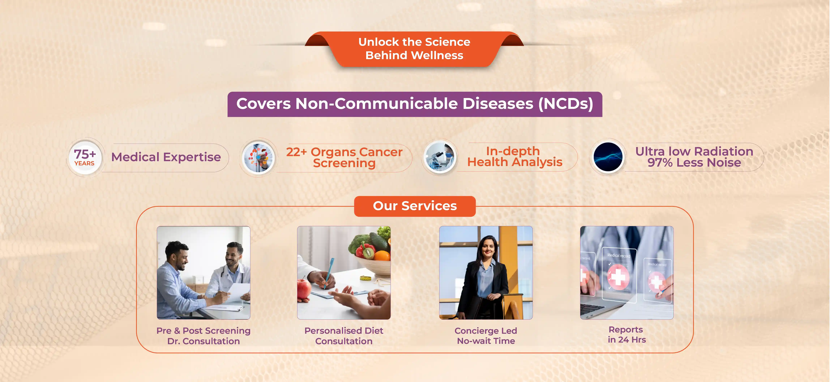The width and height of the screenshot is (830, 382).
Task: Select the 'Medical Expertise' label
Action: pos(166,157)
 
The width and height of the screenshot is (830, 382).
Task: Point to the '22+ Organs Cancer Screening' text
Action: pos(344,157)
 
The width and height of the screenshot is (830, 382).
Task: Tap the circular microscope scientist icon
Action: pos(440,157)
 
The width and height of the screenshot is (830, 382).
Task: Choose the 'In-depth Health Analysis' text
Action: pos(515,156)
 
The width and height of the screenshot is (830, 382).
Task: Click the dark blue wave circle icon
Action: pos(608,157)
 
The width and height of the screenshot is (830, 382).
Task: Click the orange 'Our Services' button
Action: pos(415,206)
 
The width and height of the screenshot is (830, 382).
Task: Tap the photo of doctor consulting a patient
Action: pos(203,273)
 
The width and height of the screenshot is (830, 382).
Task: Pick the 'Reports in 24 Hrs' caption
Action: pos(627,335)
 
